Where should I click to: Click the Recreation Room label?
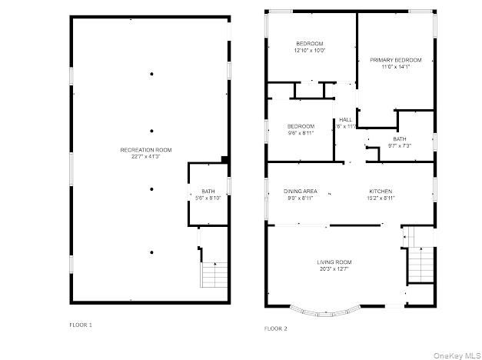pos(146,149)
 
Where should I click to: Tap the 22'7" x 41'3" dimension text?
pos(146,157)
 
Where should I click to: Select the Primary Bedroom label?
pos(396,60)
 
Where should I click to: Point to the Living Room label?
pos(334,262)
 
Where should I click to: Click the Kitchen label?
pos(381,191)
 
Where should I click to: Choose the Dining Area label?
pos(301,191)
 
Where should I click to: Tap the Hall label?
pos(345,119)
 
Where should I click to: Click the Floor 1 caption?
pos(80,325)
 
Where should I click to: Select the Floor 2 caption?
pos(275,328)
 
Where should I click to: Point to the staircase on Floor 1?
pos(214,274)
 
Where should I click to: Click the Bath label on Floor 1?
pos(208,191)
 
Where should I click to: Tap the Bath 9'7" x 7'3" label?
pos(400,142)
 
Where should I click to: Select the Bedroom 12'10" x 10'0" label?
pos(310,46)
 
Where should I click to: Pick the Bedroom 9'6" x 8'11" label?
pos(301,129)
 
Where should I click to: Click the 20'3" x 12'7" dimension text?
pos(334,269)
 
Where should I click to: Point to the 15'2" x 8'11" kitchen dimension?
pos(381,198)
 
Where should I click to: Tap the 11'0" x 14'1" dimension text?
pos(396,67)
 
